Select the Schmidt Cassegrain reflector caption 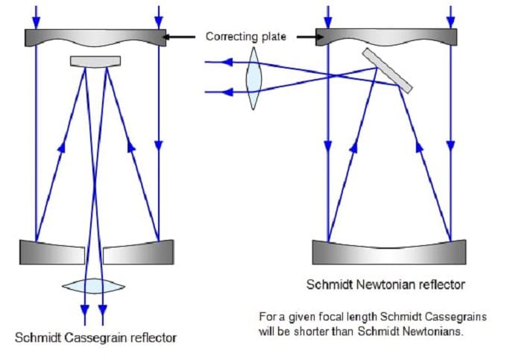(96, 338)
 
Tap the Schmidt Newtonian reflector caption (385, 284)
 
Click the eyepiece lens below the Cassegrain (94, 285)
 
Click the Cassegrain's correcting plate (95, 38)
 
